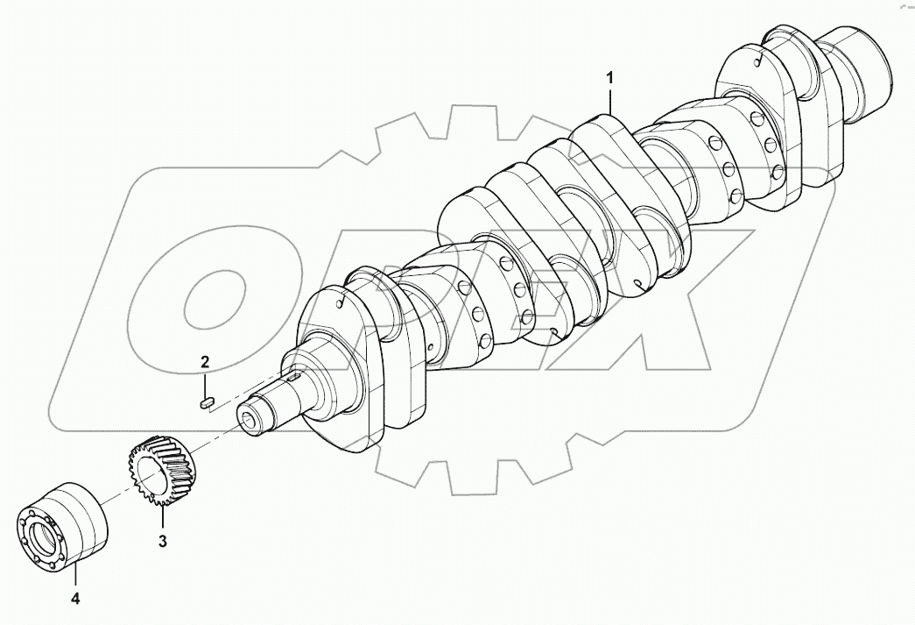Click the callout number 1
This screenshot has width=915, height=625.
[611, 78]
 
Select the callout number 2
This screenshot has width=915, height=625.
[205, 361]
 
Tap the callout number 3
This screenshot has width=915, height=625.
[163, 540]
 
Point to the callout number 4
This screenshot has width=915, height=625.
[74, 600]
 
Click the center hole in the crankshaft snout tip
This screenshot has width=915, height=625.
[252, 422]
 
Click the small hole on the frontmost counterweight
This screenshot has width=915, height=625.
[338, 302]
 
